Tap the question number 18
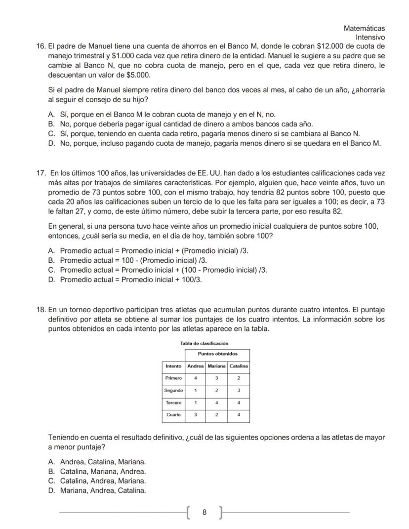41,310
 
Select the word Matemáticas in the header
364,29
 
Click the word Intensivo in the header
370,37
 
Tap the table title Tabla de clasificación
205,343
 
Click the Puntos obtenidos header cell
217,354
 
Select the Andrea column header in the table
195,366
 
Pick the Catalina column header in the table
239,366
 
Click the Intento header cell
173,366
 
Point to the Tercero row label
173,403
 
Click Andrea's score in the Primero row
195,378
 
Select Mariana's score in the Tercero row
216,403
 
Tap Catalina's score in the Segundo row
239,390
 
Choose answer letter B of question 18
51,471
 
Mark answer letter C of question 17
51,270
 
